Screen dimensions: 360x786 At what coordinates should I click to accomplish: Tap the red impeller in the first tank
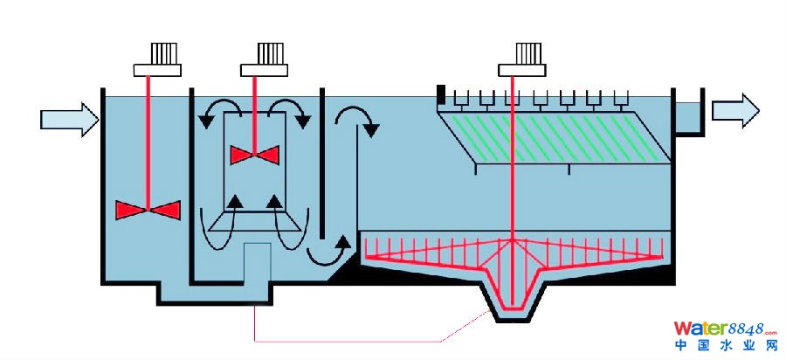tap(148, 210)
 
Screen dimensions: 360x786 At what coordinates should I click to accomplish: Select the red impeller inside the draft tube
tap(254, 155)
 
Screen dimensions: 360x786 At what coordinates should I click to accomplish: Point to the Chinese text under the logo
tap(724, 348)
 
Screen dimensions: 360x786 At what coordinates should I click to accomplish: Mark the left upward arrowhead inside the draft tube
tap(235, 203)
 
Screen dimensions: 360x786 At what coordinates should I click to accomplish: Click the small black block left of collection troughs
tap(442, 91)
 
